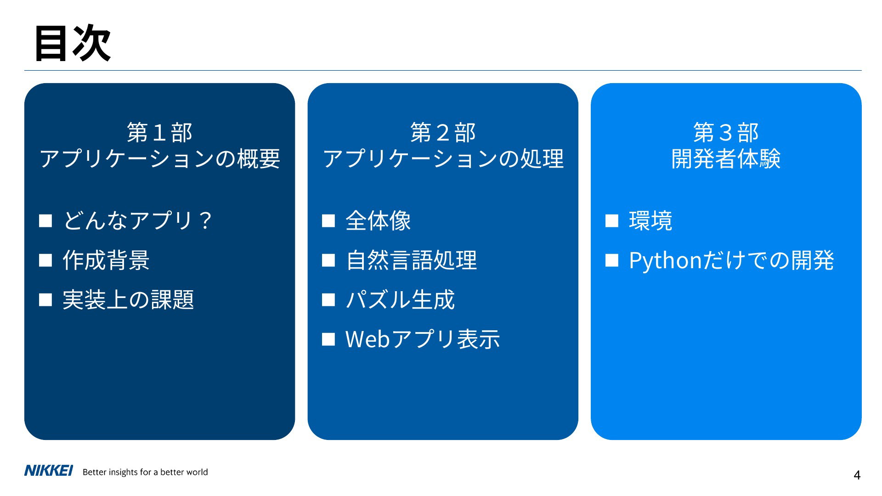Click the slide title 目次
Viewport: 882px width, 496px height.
(73, 43)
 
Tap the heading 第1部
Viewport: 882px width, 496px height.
(159, 133)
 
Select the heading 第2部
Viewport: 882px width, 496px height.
(443, 133)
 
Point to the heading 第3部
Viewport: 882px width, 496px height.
(726, 133)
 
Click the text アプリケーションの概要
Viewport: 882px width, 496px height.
(159, 159)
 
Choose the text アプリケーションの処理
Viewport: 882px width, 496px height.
(443, 159)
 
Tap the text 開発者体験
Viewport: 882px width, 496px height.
(726, 159)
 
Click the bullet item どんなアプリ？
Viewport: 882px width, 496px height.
(137, 220)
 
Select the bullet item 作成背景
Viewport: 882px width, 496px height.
(106, 260)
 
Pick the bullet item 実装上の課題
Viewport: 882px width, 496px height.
(128, 300)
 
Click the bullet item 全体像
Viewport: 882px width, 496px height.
(378, 220)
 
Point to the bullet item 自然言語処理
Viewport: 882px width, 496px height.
(411, 260)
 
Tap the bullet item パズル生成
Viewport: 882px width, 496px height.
(400, 300)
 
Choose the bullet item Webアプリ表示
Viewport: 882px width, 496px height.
(423, 339)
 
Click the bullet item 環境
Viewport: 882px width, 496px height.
(650, 220)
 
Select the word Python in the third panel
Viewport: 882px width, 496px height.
(665, 261)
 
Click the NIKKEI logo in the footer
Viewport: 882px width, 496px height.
(48, 471)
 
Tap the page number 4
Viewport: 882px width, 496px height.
(857, 475)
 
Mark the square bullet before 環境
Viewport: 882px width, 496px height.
(612, 221)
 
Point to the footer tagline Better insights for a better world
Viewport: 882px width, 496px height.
(145, 472)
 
